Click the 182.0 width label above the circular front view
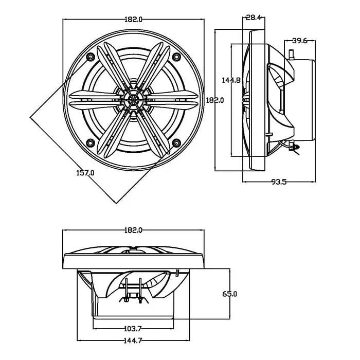[x=133, y=20]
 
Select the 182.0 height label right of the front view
[x=215, y=100]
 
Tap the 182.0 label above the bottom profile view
[x=133, y=230]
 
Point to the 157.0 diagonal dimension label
[x=85, y=173]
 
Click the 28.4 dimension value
[x=254, y=17]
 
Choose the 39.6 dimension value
[x=300, y=41]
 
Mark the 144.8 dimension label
[x=231, y=80]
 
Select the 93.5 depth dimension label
[x=279, y=182]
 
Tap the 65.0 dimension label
[x=229, y=294]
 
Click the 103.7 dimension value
[x=133, y=329]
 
